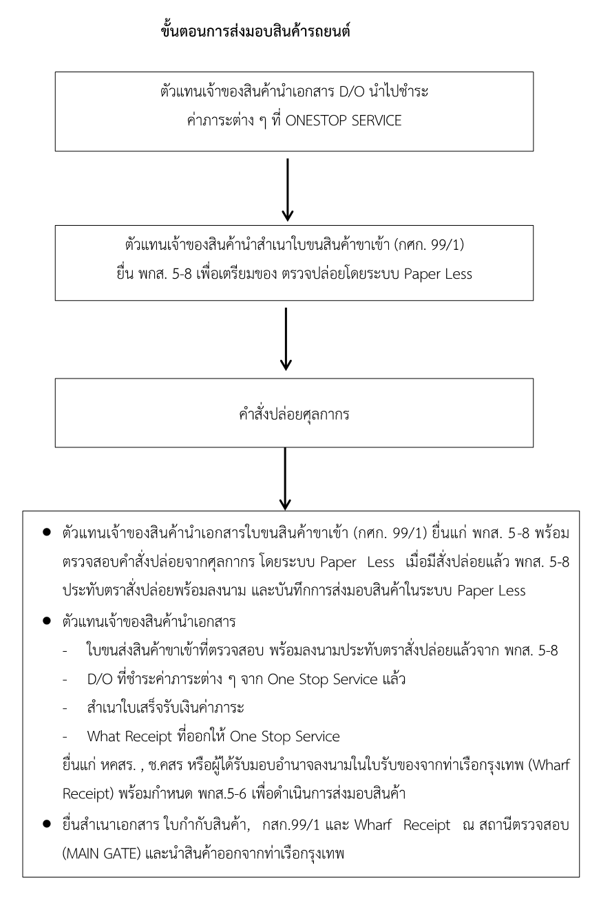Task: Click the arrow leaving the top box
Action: tap(288, 188)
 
